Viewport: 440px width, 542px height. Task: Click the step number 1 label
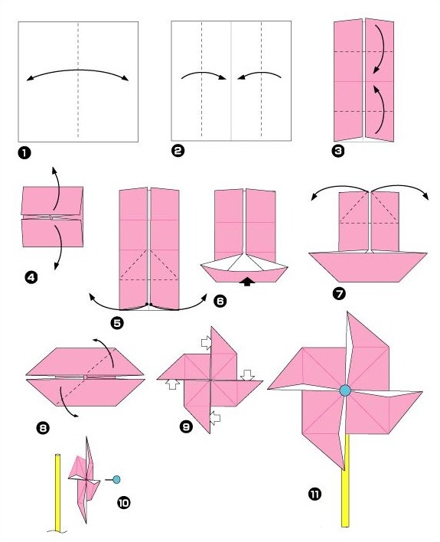click(x=24, y=153)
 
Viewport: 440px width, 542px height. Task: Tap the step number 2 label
click(x=178, y=152)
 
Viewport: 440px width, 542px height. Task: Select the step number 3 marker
click(x=337, y=151)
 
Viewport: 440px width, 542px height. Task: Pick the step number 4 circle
click(x=31, y=279)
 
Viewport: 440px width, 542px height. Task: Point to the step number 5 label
click(x=117, y=323)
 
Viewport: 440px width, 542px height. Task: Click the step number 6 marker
click(x=221, y=302)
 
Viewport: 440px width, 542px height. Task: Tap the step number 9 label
click(x=185, y=426)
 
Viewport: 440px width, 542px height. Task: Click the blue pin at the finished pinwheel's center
click(x=344, y=390)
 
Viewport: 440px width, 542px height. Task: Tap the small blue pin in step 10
click(x=116, y=480)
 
